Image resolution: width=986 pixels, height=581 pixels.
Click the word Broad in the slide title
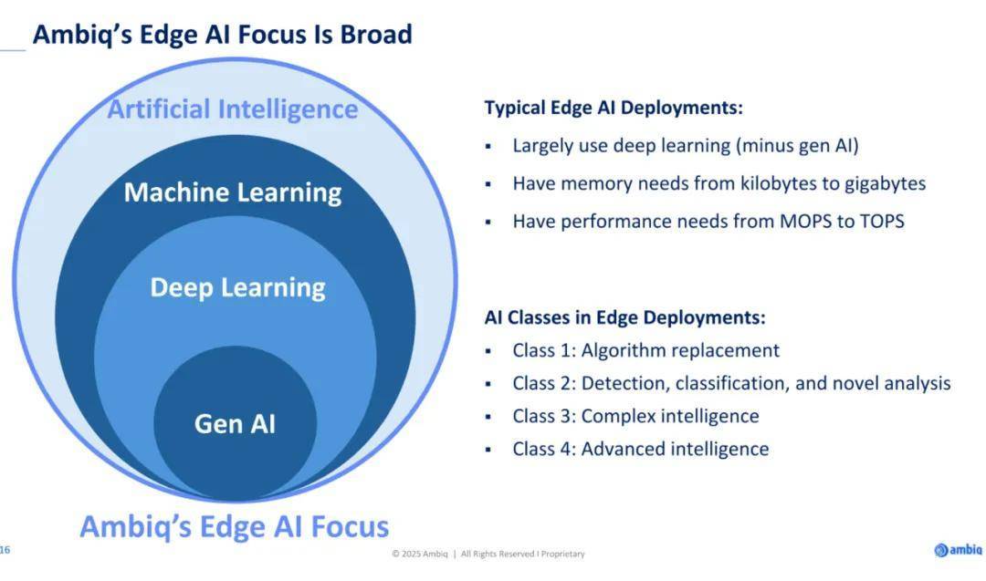click(376, 34)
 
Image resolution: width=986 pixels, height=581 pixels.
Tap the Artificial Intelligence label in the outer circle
click(233, 109)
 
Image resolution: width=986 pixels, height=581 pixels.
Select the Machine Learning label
click(233, 192)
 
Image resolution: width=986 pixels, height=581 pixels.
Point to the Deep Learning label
click(237, 287)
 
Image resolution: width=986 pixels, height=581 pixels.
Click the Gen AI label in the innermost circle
click(236, 423)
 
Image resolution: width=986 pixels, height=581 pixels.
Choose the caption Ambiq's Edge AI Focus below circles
click(235, 526)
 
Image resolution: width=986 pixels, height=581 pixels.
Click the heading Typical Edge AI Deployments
click(614, 108)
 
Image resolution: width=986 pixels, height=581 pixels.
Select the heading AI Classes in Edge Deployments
click(625, 317)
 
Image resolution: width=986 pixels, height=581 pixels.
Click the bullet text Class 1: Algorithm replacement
click(645, 350)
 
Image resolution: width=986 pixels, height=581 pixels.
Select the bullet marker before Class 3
click(488, 417)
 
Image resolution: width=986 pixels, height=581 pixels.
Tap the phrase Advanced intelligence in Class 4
click(675, 449)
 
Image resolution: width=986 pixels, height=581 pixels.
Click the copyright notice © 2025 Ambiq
click(419, 554)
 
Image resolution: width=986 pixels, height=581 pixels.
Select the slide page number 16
click(5, 550)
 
